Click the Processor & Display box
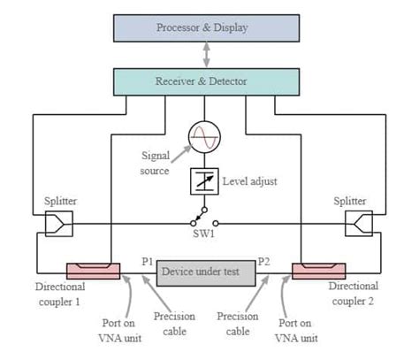pos(202,27)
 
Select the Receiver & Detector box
pos(202,81)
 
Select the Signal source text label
pos(156,163)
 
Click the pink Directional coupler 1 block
pos(92,269)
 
